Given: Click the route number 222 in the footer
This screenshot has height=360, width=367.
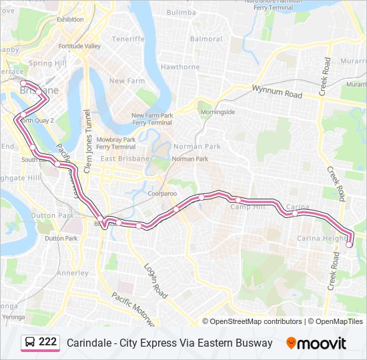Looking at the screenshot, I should pyautogui.click(x=47, y=342).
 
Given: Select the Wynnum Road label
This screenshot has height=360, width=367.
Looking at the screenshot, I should pyautogui.click(x=277, y=91).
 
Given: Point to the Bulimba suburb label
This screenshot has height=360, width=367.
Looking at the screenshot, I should pyautogui.click(x=181, y=12).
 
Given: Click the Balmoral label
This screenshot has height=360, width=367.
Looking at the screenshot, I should pyautogui.click(x=206, y=39).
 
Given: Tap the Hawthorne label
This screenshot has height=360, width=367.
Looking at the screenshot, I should pyautogui.click(x=180, y=67).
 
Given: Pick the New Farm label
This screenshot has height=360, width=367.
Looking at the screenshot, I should pyautogui.click(x=127, y=81).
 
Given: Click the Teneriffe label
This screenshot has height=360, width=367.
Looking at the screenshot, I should pyautogui.click(x=128, y=39).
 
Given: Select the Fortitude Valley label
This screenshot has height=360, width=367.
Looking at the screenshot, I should pyautogui.click(x=79, y=46).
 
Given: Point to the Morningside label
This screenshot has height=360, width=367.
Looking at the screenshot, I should pyautogui.click(x=218, y=111).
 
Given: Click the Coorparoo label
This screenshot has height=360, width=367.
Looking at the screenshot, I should pyautogui.click(x=162, y=193).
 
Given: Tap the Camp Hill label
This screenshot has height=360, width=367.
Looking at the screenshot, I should pyautogui.click(x=248, y=207).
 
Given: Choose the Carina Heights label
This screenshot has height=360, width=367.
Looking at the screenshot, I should pyautogui.click(x=322, y=238).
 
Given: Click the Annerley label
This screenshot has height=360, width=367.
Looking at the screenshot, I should pyautogui.click(x=73, y=273).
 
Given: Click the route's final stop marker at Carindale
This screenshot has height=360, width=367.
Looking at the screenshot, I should pyautogui.click(x=349, y=245).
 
